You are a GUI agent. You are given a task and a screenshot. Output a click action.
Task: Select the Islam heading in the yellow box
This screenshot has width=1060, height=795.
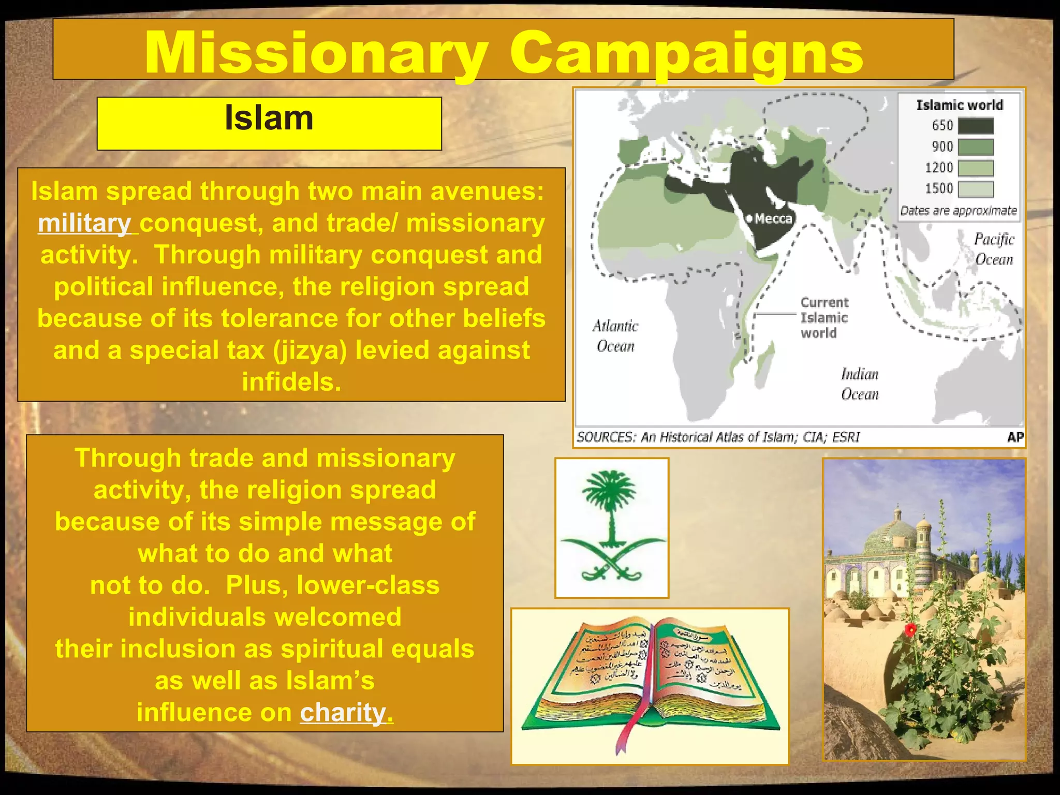[269, 119]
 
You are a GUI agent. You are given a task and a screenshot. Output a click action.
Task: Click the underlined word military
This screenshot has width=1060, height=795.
[85, 224]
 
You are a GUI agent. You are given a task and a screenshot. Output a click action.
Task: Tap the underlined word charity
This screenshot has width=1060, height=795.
[346, 713]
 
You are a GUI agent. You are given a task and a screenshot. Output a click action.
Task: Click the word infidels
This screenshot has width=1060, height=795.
[291, 382]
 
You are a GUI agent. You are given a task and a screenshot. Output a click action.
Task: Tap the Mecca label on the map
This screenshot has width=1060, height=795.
[773, 218]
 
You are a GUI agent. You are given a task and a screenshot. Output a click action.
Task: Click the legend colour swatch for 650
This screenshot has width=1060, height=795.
[975, 126]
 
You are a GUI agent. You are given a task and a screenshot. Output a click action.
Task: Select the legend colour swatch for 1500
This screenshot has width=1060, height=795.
[975, 189]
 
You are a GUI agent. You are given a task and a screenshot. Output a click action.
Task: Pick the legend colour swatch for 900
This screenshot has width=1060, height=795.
[975, 147]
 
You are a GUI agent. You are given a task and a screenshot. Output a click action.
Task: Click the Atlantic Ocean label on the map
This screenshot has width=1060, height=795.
[615, 336]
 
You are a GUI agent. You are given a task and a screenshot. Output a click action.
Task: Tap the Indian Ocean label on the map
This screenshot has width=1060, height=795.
[860, 384]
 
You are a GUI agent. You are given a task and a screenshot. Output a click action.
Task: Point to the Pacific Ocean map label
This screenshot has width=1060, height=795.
[994, 249]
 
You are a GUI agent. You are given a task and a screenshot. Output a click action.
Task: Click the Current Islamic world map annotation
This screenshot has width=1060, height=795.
[824, 317]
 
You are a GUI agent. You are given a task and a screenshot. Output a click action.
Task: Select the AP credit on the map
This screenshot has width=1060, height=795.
[1014, 437]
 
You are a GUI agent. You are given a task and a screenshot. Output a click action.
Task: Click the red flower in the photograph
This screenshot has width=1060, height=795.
[910, 629]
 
